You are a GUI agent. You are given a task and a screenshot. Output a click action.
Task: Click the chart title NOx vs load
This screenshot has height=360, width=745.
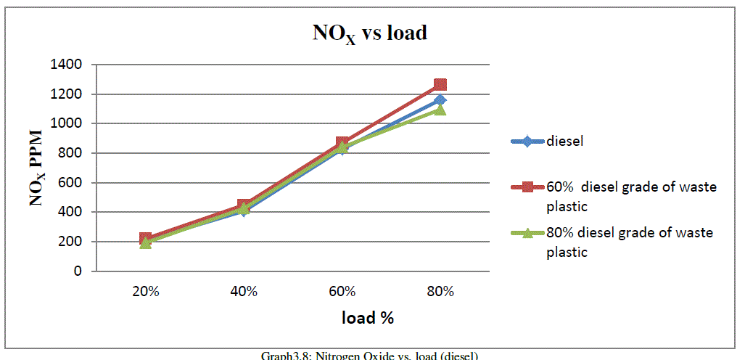click(x=369, y=34)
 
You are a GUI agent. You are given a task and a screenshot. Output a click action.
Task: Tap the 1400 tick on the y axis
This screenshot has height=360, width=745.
click(x=67, y=65)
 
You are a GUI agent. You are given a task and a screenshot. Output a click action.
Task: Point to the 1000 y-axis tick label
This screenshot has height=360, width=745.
click(x=67, y=123)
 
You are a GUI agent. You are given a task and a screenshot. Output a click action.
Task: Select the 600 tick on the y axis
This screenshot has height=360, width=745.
click(x=70, y=182)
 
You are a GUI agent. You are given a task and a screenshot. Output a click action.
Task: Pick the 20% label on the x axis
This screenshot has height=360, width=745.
click(x=145, y=292)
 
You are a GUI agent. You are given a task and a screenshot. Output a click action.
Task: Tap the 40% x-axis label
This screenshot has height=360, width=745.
click(x=244, y=292)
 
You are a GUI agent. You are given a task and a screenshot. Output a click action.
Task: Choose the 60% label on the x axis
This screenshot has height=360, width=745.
click(x=342, y=292)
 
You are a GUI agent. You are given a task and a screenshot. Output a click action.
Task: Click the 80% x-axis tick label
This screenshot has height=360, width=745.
click(x=440, y=292)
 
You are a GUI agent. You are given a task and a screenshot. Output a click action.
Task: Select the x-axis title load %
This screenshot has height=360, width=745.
click(x=368, y=317)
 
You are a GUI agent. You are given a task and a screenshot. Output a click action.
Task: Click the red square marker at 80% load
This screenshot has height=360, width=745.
click(x=440, y=85)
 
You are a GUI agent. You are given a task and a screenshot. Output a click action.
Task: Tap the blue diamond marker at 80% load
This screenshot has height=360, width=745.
click(x=440, y=100)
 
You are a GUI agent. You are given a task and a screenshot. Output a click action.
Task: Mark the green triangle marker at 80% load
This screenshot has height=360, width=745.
click(x=440, y=110)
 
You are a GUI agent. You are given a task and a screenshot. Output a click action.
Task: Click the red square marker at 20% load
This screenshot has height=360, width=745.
click(x=145, y=239)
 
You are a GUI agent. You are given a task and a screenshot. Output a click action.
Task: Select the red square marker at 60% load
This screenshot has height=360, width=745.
click(x=342, y=144)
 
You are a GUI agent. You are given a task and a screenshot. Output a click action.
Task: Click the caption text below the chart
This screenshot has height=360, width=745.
click(x=370, y=355)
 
